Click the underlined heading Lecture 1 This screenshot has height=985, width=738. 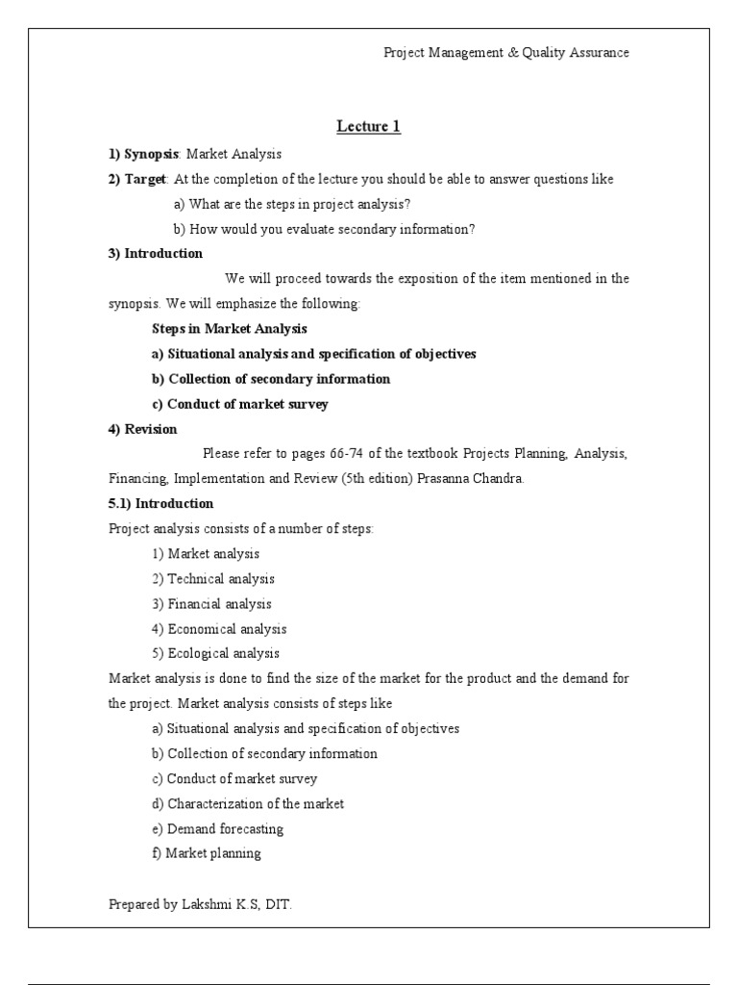(368, 126)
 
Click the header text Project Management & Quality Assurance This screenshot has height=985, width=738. (506, 53)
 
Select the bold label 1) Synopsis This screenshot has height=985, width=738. (144, 154)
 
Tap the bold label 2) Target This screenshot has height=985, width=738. (137, 179)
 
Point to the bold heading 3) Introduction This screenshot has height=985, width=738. (156, 254)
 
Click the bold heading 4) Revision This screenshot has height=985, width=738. (142, 429)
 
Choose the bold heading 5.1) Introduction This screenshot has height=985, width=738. (161, 504)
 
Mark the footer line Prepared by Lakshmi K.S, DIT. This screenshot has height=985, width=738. (200, 904)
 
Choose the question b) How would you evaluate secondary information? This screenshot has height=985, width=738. (325, 229)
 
